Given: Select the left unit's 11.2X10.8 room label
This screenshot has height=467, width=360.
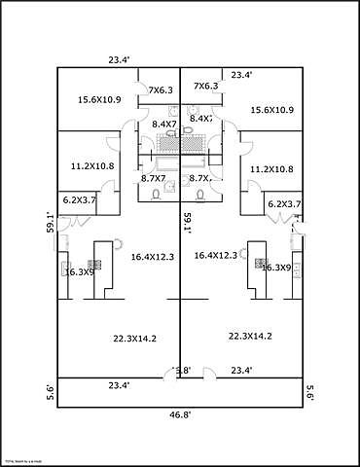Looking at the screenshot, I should pyautogui.click(x=92, y=166).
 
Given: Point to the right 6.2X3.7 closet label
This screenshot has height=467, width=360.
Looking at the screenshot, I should pyautogui.click(x=283, y=204).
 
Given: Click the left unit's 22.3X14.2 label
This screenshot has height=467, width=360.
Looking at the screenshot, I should pyautogui.click(x=135, y=339).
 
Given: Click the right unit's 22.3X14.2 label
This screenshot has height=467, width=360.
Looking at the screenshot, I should pyautogui.click(x=250, y=336).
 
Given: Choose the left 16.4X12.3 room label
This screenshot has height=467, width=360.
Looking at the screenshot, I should pyautogui.click(x=152, y=256).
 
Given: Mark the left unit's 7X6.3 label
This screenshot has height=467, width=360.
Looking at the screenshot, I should pyautogui.click(x=161, y=90).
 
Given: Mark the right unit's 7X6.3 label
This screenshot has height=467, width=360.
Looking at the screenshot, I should pyautogui.click(x=205, y=86).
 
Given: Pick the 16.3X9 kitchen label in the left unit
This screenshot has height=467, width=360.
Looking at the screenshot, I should pyautogui.click(x=80, y=272).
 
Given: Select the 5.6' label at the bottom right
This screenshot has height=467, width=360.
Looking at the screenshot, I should pyautogui.click(x=310, y=392).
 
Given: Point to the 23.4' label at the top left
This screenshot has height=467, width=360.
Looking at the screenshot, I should pyautogui.click(x=119, y=60).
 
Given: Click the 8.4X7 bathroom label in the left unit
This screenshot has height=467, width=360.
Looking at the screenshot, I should pyautogui.click(x=163, y=124).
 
